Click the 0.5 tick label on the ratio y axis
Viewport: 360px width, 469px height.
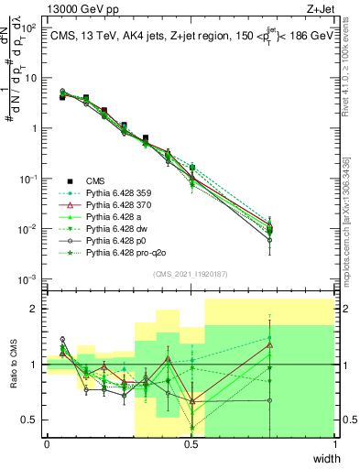30,420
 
